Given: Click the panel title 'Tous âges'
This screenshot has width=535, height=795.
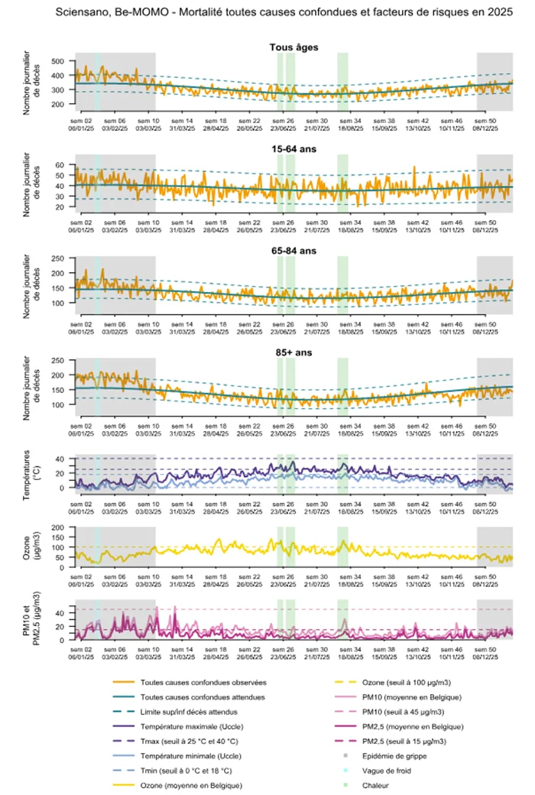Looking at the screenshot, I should pos(294,47).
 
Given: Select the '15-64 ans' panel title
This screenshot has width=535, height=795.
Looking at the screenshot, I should pos(294,150).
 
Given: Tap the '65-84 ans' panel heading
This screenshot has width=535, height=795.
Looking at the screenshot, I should pos(294,251).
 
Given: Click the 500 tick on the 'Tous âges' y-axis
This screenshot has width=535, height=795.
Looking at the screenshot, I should pos(59,61).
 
